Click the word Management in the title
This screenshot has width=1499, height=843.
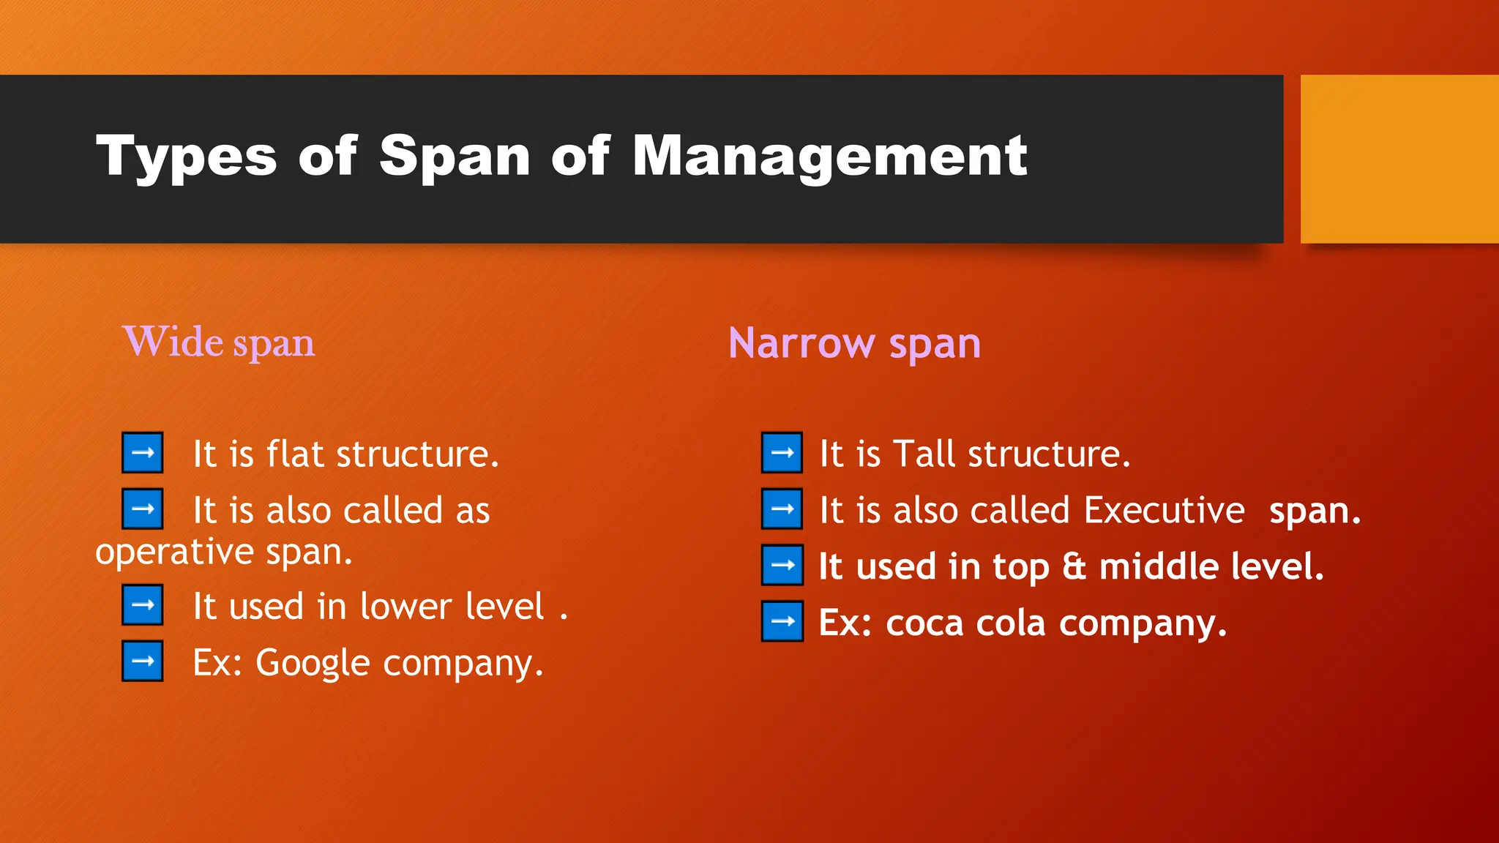(829, 157)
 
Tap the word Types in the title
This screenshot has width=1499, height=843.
(187, 157)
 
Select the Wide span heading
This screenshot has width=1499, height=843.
(219, 342)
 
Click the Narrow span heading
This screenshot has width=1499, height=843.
(854, 343)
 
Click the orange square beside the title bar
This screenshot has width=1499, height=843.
(1399, 159)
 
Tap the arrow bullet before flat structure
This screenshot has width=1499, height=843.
(143, 453)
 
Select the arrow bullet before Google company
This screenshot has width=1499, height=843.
(143, 662)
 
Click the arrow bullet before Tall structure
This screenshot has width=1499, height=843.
(782, 453)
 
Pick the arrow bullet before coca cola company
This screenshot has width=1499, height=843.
(782, 622)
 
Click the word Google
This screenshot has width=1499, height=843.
(313, 663)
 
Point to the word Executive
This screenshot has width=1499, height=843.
(1164, 510)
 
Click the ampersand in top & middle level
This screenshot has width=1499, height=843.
(1074, 567)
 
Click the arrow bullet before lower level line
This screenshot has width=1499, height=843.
(143, 605)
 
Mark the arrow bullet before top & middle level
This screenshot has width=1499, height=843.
(782, 566)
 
